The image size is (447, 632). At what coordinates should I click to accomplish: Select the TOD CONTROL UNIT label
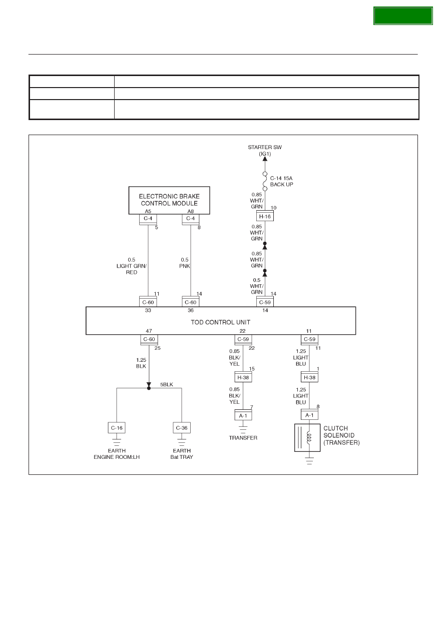pos(220,322)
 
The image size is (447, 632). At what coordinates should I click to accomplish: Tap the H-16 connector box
pos(265,216)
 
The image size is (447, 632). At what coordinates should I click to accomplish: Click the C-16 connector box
pos(117,428)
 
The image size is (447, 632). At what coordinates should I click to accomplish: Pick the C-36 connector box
pos(181,428)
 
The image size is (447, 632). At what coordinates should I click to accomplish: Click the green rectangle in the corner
pos(403,16)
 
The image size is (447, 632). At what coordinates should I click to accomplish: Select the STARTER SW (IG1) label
pos(265,151)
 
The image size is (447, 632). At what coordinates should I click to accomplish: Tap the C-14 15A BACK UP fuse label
pos(281,181)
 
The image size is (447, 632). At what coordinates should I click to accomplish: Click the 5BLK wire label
pos(167,385)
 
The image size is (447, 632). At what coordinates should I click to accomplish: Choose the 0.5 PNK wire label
pos(185,263)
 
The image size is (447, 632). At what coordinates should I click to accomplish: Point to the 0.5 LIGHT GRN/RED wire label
pos(132,266)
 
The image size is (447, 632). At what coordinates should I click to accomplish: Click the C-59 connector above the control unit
pos(265,302)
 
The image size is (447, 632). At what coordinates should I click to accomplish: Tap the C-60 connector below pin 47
pos(149,339)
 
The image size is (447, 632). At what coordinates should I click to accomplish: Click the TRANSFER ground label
pos(243,438)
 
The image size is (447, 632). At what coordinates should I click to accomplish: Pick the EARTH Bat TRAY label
pos(181,454)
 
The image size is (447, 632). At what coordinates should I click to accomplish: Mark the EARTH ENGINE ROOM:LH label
pos(117,454)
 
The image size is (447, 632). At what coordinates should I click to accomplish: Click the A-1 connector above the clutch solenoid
pos(309,415)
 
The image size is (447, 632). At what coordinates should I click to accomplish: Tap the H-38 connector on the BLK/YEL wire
pos(243,377)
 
